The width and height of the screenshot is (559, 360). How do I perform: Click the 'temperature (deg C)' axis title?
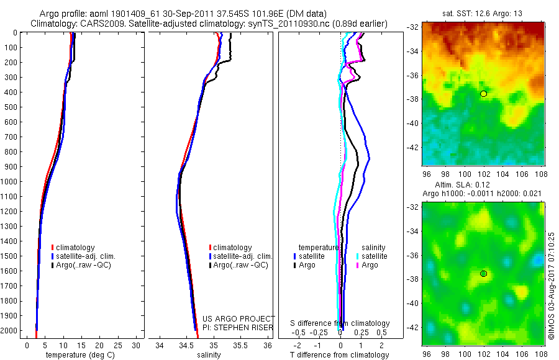(x=78, y=355)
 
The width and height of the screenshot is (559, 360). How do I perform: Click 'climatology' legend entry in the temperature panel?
(x=75, y=248)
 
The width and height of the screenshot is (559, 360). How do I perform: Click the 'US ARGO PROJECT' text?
(x=239, y=319)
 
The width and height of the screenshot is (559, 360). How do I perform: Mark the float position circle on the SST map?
(x=483, y=94)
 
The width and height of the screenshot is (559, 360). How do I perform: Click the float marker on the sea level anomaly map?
(x=483, y=274)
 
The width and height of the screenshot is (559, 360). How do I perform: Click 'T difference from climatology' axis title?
(x=340, y=355)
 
